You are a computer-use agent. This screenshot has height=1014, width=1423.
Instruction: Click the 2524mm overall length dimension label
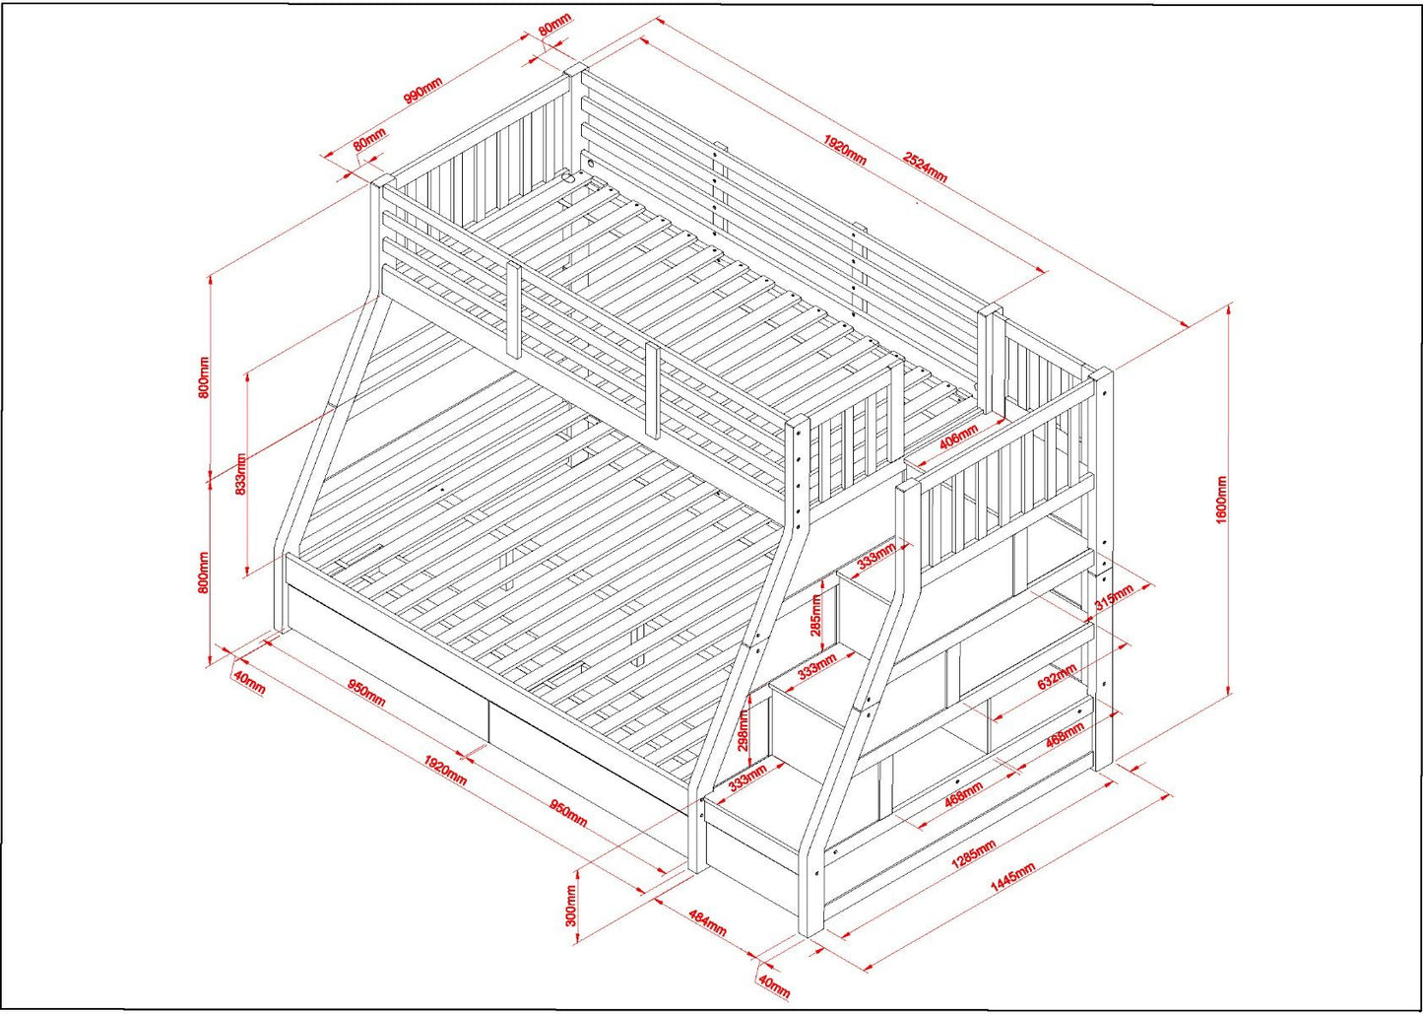click(925, 168)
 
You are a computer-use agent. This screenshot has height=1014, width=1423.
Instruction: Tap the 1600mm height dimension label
click(1221, 501)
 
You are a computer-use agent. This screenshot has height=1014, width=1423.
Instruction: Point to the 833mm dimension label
click(241, 474)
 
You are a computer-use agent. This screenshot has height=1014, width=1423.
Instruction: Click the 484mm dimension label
click(706, 923)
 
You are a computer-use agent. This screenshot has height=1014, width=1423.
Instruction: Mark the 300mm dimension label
click(570, 906)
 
